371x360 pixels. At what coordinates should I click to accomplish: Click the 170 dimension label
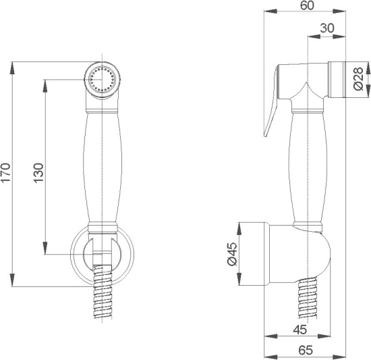[x=5, y=172]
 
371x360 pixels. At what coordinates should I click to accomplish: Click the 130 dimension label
[x=38, y=173]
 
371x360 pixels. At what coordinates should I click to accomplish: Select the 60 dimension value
[x=307, y=5]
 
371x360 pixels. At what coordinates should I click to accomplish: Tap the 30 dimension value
[x=327, y=28]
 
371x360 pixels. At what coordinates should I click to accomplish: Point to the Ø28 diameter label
[x=358, y=78]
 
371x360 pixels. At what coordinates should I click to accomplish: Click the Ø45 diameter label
[x=232, y=254]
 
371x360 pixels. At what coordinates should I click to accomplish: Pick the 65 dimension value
[x=306, y=351]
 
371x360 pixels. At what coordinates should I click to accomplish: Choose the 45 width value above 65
[x=300, y=330]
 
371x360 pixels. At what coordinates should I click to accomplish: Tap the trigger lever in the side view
[x=271, y=102]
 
